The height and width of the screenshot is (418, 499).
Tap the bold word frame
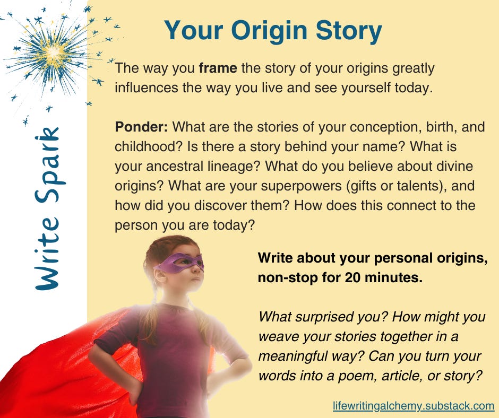click(x=218, y=68)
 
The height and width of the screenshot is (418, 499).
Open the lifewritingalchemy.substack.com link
click(x=414, y=406)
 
